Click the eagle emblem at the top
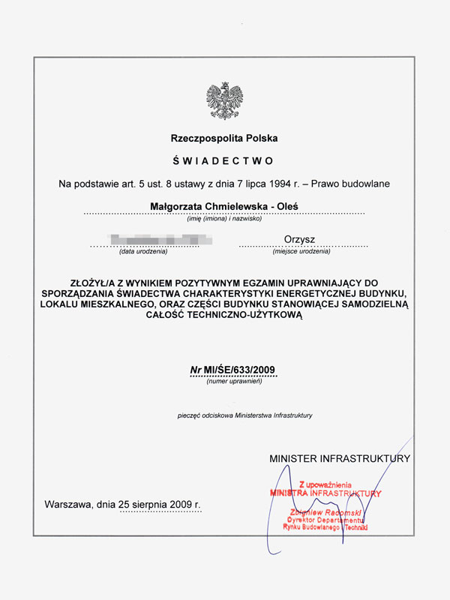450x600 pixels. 224,101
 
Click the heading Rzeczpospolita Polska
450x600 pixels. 224,139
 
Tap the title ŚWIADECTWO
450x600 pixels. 224,160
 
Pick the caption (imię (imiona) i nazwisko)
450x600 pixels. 224,218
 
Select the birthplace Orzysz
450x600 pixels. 299,239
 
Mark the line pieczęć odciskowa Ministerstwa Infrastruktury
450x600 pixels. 244,415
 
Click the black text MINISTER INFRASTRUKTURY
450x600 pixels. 339,457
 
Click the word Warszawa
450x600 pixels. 68,504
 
